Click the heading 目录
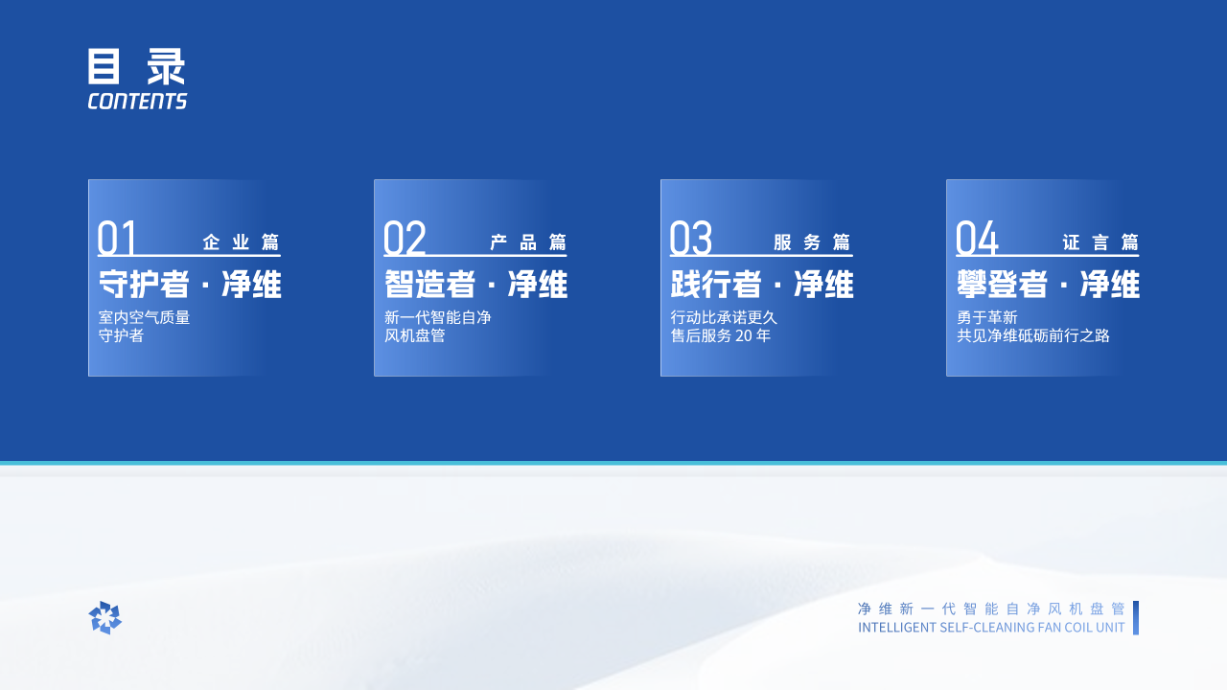(x=136, y=66)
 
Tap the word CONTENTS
(x=137, y=102)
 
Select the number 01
(x=116, y=239)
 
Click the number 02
(x=405, y=239)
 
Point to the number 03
(x=691, y=239)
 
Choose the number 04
(x=977, y=239)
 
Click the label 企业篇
(x=241, y=242)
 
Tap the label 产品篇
(x=528, y=242)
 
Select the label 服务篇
(x=812, y=242)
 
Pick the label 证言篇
(x=1100, y=242)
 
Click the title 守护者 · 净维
(x=190, y=285)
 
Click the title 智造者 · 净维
(x=475, y=285)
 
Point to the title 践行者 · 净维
(x=762, y=285)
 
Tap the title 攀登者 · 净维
(x=1048, y=285)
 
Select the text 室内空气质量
(x=144, y=317)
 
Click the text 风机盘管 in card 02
(x=415, y=335)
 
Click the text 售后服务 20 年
(x=720, y=335)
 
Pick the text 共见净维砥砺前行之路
(x=1033, y=335)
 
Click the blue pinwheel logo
(x=104, y=618)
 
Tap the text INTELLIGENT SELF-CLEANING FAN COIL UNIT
(x=991, y=628)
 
